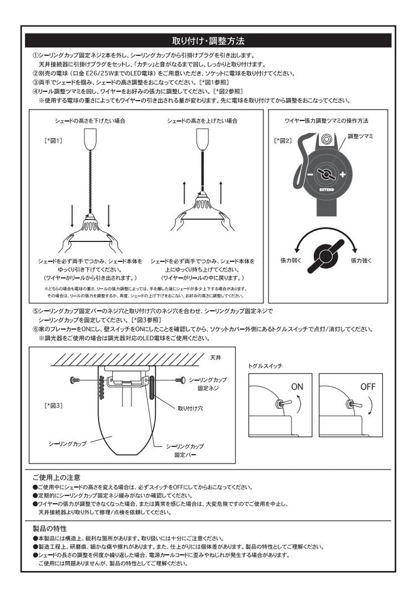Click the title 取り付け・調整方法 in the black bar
coord(209,41)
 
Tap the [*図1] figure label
coord(53,141)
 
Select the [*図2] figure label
coord(282,141)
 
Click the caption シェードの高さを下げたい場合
coord(89,120)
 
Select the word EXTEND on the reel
coord(326,188)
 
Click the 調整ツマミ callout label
coord(361,136)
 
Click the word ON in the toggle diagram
coord(297,386)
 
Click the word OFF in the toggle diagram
coord(368,386)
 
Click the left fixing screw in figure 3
coord(75,380)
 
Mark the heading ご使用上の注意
coord(56,477)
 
